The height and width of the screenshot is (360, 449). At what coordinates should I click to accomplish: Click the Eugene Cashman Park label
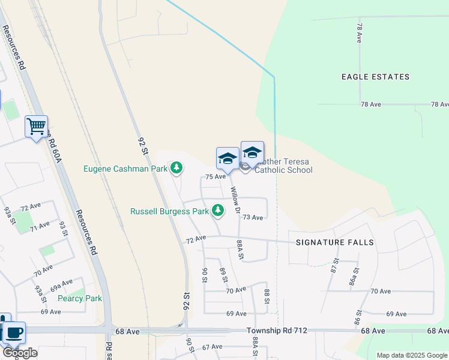(125, 169)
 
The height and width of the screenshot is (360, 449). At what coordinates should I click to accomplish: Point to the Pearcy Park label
(80, 298)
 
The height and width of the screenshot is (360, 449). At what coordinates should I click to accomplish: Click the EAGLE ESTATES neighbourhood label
(375, 77)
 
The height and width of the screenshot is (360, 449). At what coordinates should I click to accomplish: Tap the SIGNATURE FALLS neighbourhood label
(335, 242)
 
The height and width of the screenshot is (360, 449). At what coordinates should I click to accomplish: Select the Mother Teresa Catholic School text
(283, 166)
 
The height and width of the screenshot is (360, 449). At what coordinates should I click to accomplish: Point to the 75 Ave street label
(215, 177)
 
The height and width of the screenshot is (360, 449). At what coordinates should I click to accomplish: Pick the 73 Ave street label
(253, 217)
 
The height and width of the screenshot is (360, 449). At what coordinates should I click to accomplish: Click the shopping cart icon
(36, 127)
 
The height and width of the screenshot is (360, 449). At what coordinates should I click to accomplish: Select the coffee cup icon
(13, 332)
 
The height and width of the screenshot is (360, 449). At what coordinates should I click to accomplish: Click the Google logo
(19, 352)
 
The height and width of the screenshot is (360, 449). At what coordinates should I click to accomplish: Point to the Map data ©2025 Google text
(411, 355)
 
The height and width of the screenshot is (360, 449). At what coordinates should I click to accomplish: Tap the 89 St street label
(224, 276)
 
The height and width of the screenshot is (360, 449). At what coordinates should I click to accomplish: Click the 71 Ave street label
(40, 226)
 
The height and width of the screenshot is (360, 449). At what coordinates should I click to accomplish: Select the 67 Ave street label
(212, 347)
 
